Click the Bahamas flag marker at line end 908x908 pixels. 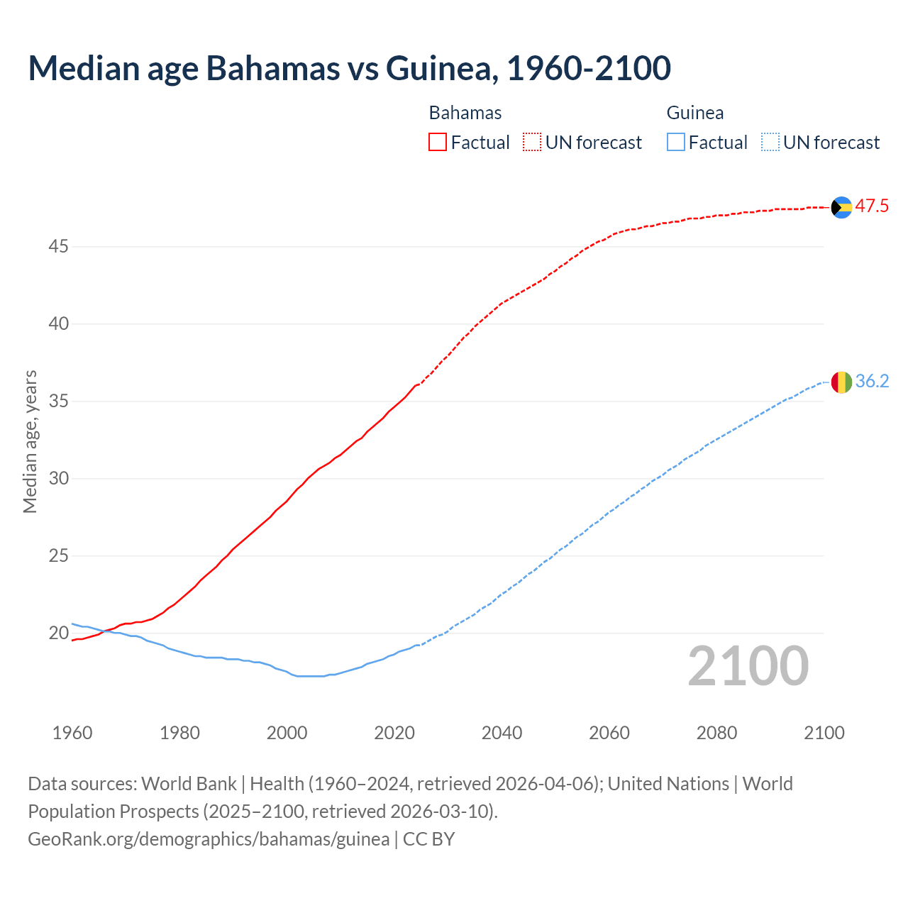[841, 207]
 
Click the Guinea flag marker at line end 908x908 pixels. [841, 382]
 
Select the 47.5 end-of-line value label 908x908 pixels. [872, 206]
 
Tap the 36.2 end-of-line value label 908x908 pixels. [872, 382]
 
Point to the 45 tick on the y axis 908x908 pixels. [58, 247]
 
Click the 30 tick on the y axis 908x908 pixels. [58, 479]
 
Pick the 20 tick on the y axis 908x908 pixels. [58, 633]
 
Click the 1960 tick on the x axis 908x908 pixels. [72, 733]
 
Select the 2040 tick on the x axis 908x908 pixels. [502, 733]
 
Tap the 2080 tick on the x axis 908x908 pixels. [716, 733]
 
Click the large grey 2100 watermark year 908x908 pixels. [748, 666]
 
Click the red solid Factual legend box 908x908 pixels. [438, 143]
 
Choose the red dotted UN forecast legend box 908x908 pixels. [532, 143]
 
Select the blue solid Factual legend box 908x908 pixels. [676, 143]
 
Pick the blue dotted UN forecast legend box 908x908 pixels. [770, 143]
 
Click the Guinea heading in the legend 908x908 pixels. [695, 113]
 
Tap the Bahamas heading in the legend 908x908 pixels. [465, 113]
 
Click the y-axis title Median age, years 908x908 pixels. [30, 441]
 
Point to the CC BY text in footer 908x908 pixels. [428, 839]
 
